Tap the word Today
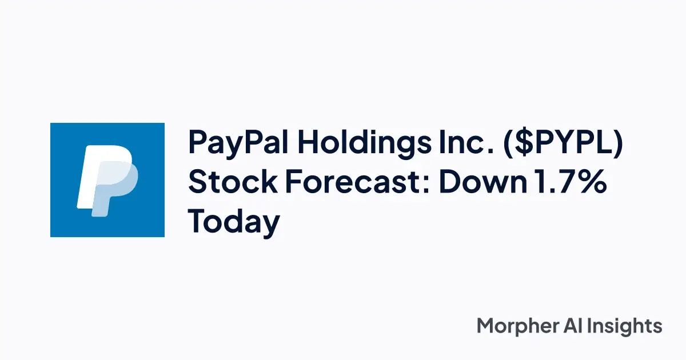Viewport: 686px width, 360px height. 234,222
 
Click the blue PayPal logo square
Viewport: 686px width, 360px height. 107,180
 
